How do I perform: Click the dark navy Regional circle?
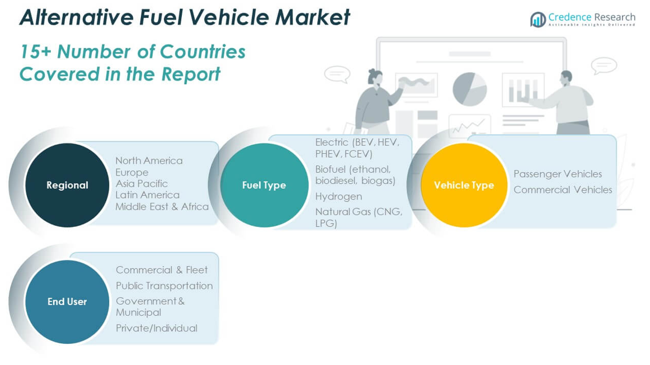coord(67,185)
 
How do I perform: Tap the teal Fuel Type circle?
coord(264,185)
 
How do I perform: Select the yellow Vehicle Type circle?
coord(464,185)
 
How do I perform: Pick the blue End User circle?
coord(67,301)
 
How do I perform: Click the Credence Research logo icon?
coord(538,20)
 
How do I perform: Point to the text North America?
coord(149,160)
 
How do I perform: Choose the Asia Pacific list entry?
coord(142,183)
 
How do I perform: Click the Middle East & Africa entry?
coord(162,206)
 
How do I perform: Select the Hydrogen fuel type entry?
coord(338,196)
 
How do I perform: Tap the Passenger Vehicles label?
coord(558,174)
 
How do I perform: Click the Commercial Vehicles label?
coord(563,189)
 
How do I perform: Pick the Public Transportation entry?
coord(164,286)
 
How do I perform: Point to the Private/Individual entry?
coord(156,328)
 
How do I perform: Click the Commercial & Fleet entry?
coord(162,270)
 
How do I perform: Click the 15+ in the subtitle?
coord(35,51)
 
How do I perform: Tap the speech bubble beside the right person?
coord(604,65)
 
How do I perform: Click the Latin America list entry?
coord(147,195)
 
